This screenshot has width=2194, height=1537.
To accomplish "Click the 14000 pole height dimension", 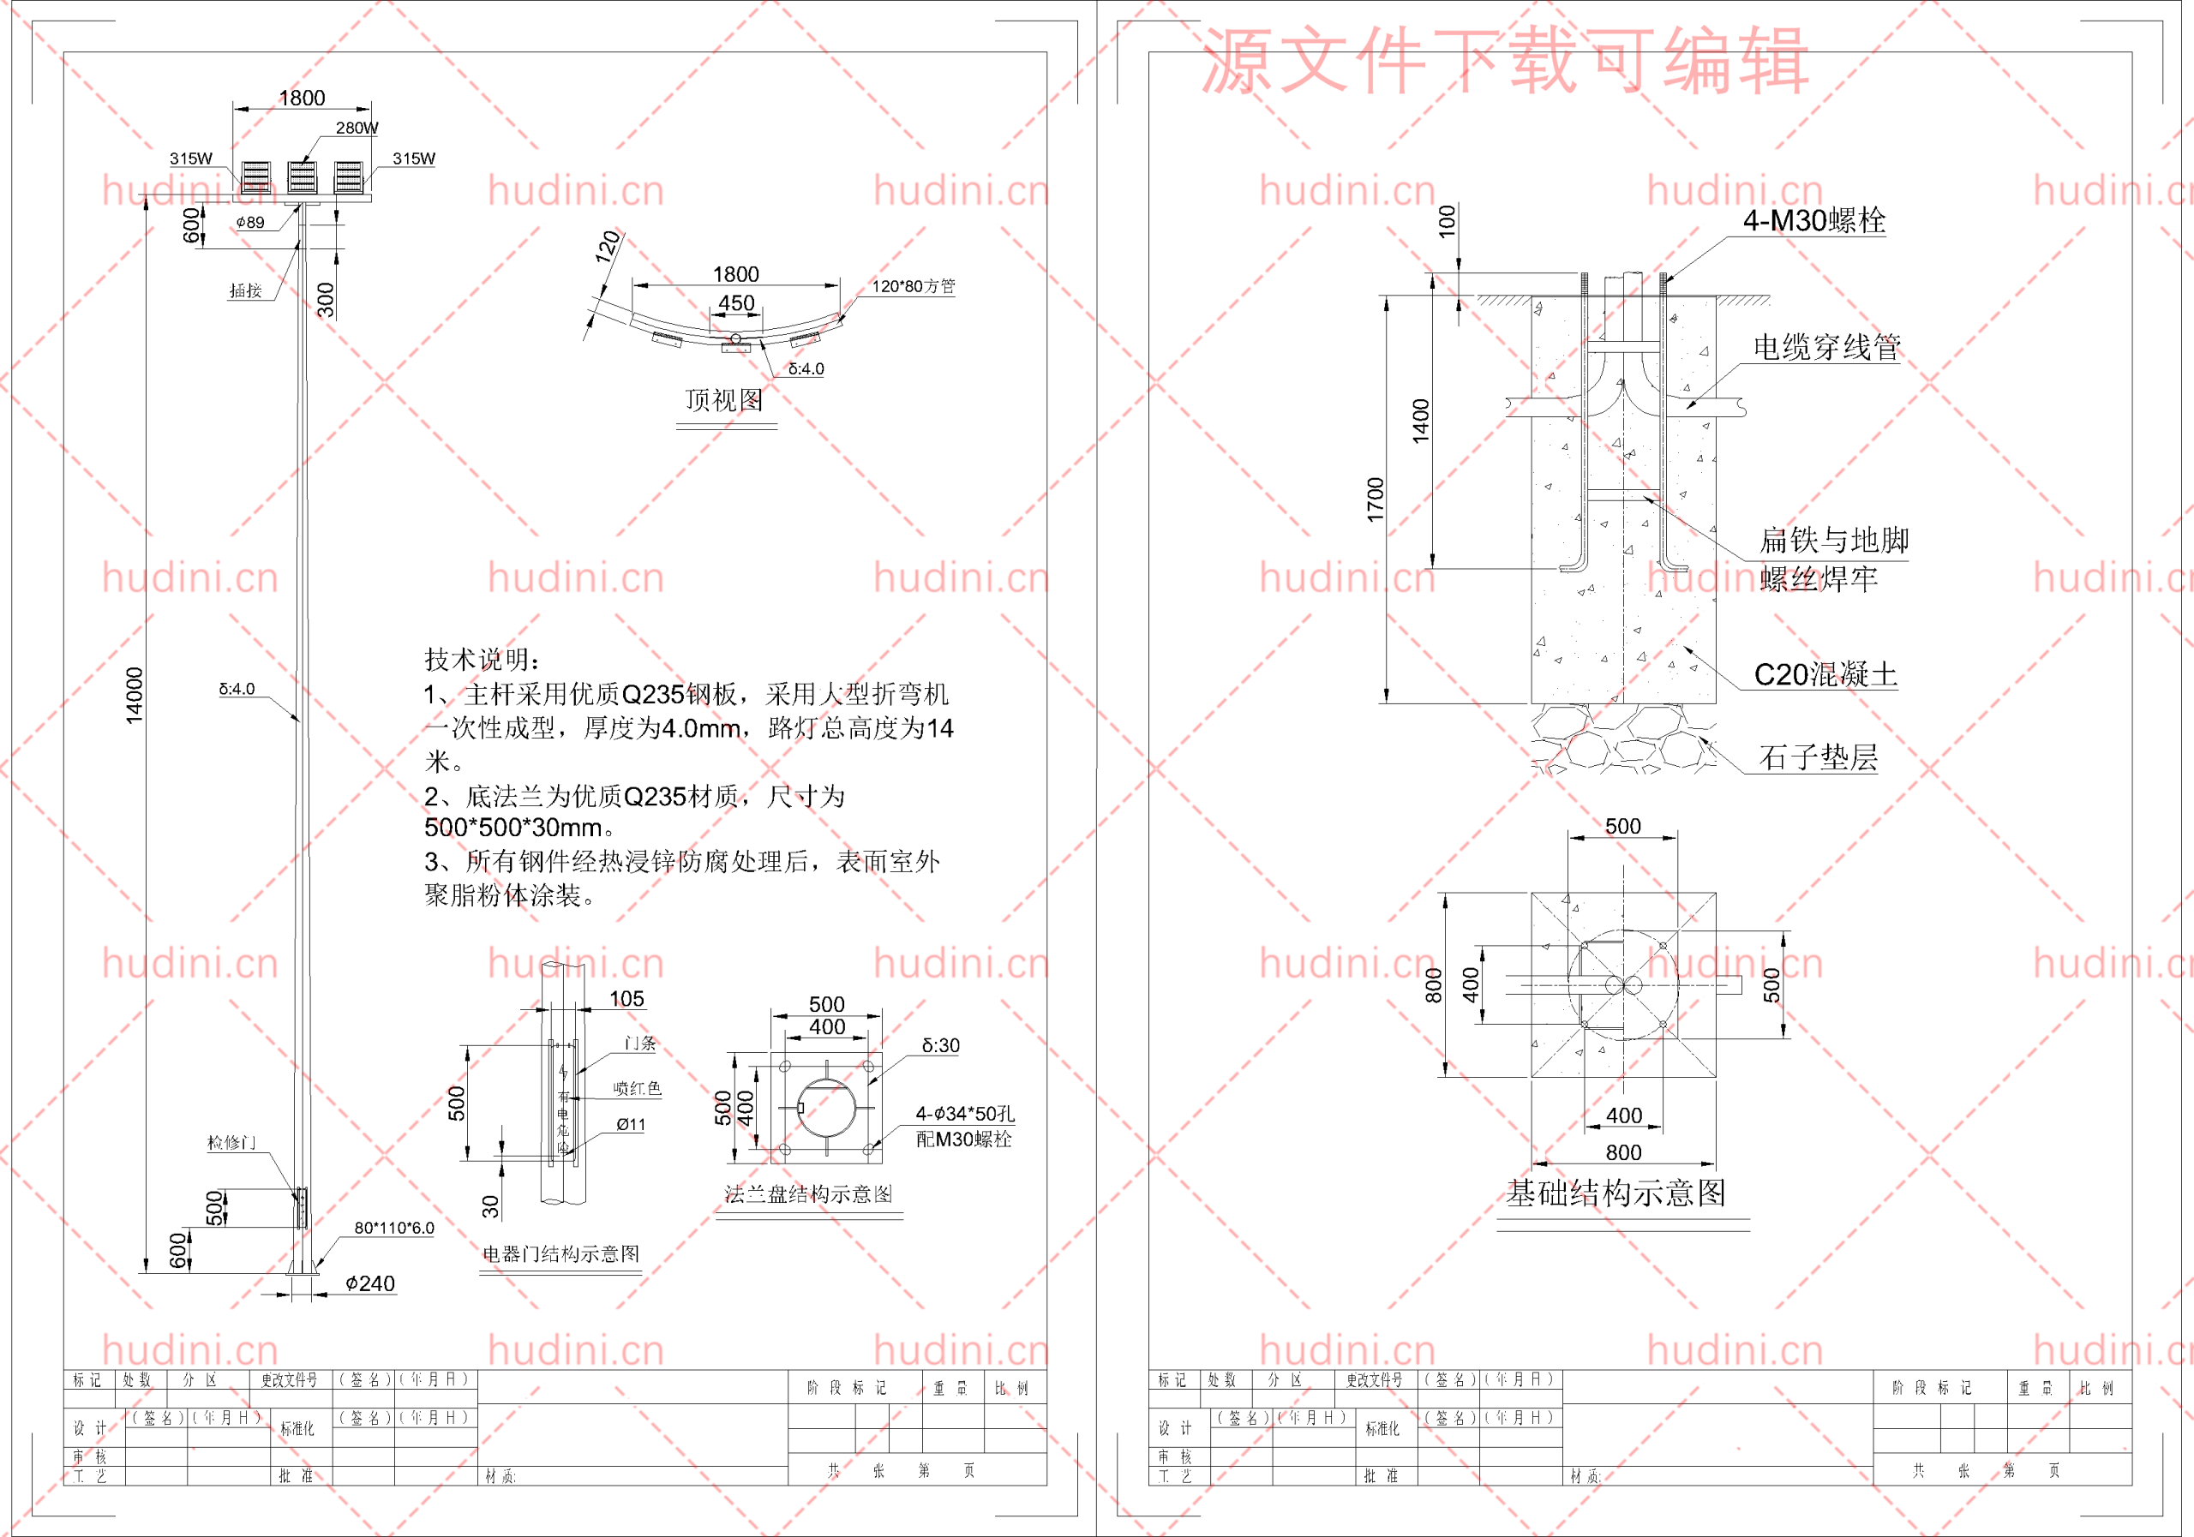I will (135, 695).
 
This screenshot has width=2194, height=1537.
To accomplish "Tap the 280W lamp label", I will (357, 128).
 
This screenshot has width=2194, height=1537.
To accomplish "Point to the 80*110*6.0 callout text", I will (393, 1228).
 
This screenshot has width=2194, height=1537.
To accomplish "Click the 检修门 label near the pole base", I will (231, 1143).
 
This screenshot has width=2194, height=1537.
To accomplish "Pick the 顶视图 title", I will (724, 400).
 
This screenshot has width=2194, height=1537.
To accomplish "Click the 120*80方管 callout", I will (913, 286).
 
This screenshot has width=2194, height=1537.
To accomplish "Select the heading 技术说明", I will (483, 659).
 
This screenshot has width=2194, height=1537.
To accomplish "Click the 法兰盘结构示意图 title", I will (808, 1194).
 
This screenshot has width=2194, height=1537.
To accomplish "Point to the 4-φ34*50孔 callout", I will (965, 1114).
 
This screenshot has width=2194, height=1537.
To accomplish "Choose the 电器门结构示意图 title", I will (560, 1254).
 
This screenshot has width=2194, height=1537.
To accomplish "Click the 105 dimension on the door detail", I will (626, 999).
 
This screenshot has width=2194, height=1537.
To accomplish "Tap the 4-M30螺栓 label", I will (1813, 222).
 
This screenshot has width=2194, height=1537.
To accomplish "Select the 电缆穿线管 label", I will (1826, 348).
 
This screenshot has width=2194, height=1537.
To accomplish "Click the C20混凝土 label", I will (1825, 675).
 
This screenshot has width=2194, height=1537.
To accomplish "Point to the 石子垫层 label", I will (1818, 758).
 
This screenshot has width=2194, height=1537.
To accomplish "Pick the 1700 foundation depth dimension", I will (1375, 499).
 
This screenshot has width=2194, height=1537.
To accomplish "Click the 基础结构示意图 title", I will (1616, 1193).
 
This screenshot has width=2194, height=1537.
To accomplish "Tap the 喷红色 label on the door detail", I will (638, 1089).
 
